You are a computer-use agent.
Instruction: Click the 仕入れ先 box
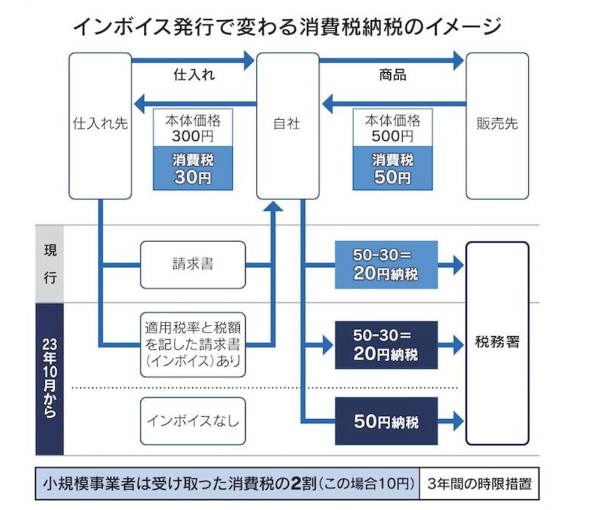(x=100, y=125)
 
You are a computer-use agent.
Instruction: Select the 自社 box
(x=288, y=125)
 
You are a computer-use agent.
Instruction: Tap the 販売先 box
(x=496, y=125)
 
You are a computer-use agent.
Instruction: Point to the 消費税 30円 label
(x=193, y=169)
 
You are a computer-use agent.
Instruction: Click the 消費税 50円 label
(x=393, y=169)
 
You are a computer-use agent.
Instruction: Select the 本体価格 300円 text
(x=193, y=128)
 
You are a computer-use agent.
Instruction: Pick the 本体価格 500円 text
(x=393, y=128)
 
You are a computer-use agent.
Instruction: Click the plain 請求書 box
(x=193, y=264)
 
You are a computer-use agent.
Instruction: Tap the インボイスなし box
(x=193, y=421)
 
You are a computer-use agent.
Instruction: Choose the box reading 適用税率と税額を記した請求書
(x=193, y=344)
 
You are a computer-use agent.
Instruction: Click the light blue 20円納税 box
(x=386, y=265)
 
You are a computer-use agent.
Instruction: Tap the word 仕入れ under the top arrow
(x=193, y=76)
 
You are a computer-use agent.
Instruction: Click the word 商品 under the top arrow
(x=393, y=76)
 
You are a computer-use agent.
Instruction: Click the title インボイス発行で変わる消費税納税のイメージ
(x=286, y=27)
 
